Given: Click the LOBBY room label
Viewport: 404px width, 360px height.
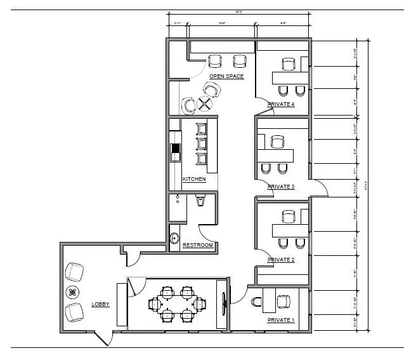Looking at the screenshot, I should coord(100,304).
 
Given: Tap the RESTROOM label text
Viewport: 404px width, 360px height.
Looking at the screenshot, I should coord(197,245).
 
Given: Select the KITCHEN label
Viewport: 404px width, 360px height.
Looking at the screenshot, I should coord(194,179).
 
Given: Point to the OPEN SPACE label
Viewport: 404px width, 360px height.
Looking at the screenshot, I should coord(226,76).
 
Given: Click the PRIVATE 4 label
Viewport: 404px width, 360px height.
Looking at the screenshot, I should coord(281,104).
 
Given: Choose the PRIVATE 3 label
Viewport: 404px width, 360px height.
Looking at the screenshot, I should coord(281,187).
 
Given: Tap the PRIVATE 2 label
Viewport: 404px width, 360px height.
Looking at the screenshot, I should coord(281,260).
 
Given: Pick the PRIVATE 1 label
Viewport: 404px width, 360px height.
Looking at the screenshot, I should coord(281,320).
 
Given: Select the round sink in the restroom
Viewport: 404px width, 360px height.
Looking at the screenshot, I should coord(175,239).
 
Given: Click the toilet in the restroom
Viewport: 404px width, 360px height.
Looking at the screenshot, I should coord(201,202).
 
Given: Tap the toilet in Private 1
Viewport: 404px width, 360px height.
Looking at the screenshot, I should coord(257,301).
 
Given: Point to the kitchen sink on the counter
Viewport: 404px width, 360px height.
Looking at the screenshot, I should coord(176,152).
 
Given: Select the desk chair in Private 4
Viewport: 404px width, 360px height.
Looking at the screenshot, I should coord(289,64).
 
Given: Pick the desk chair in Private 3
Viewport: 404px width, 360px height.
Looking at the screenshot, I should coord(277,141).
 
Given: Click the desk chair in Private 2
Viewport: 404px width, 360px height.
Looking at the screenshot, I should coord(289,217).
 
